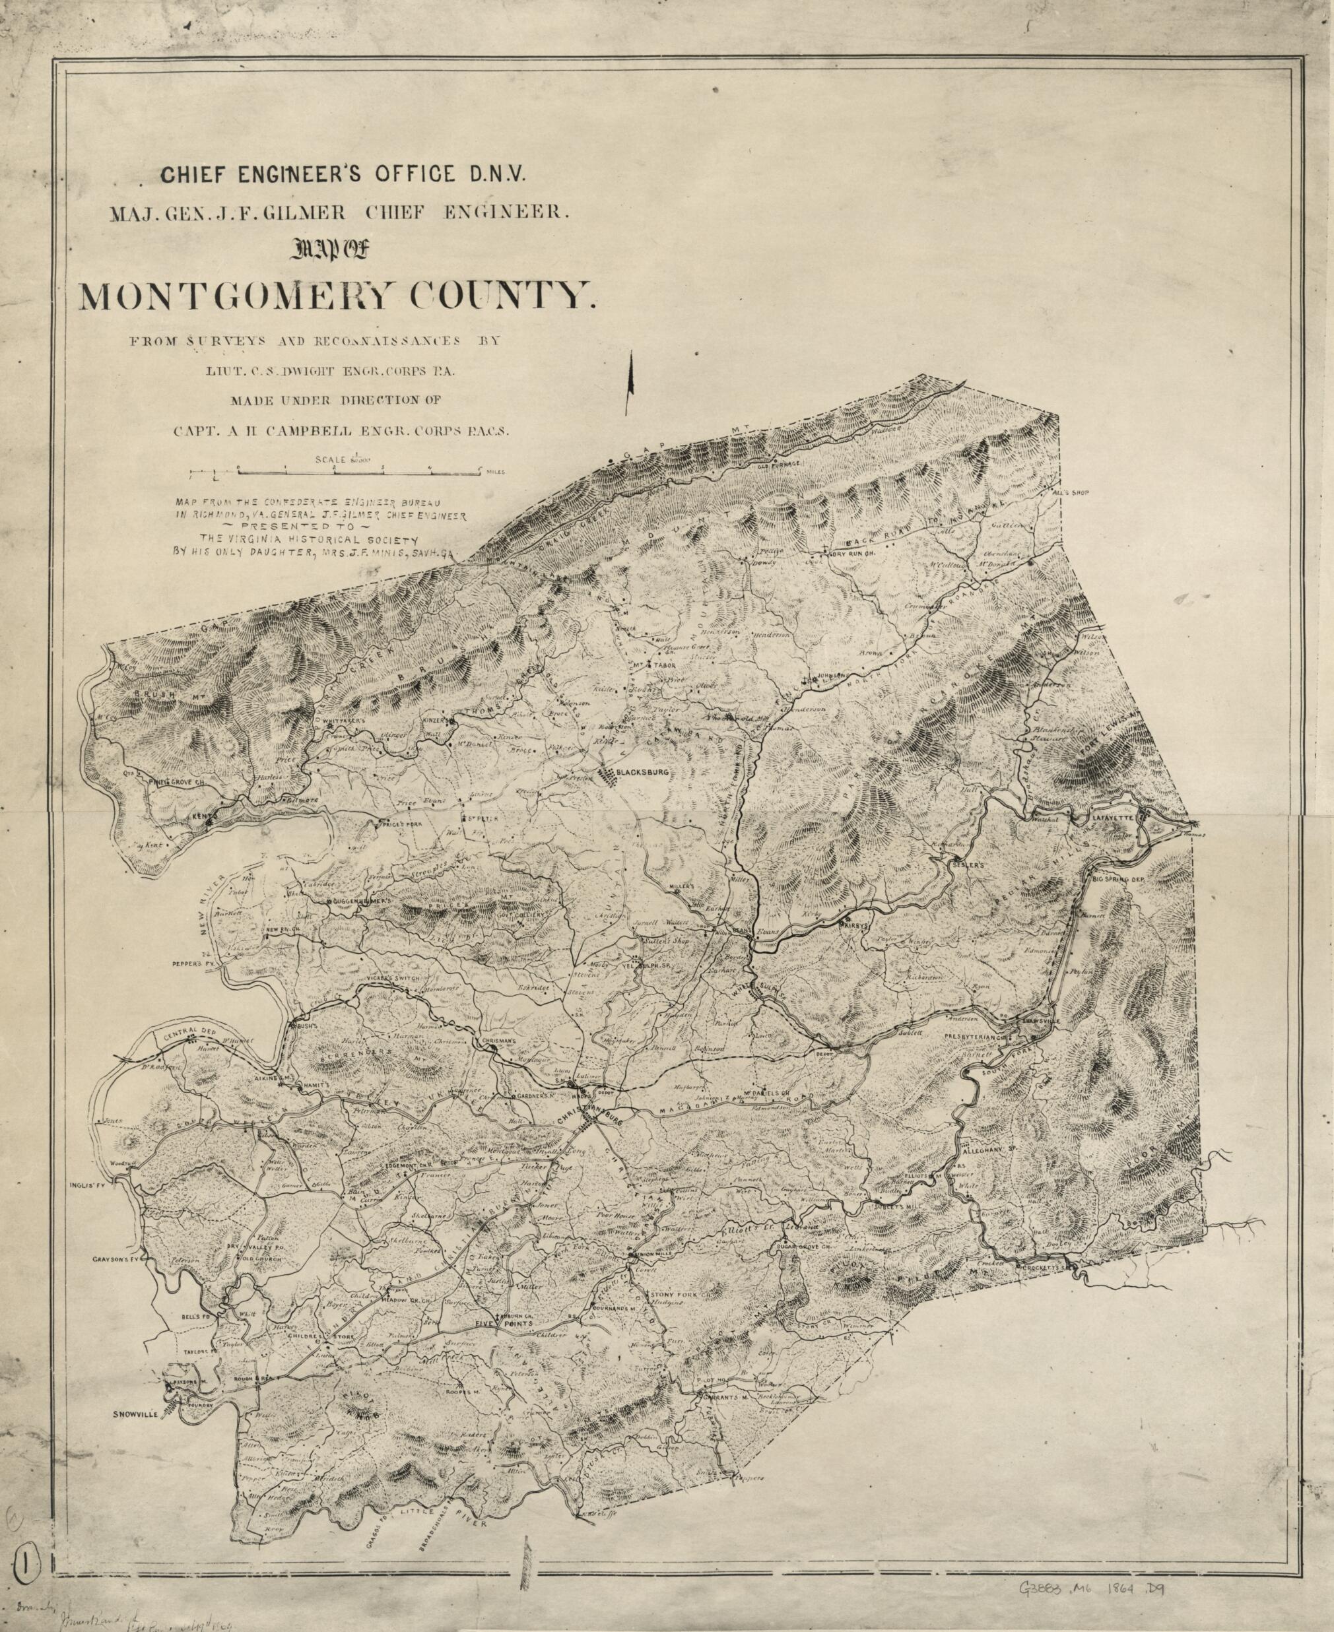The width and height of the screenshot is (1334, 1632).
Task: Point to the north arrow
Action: [630, 377]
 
